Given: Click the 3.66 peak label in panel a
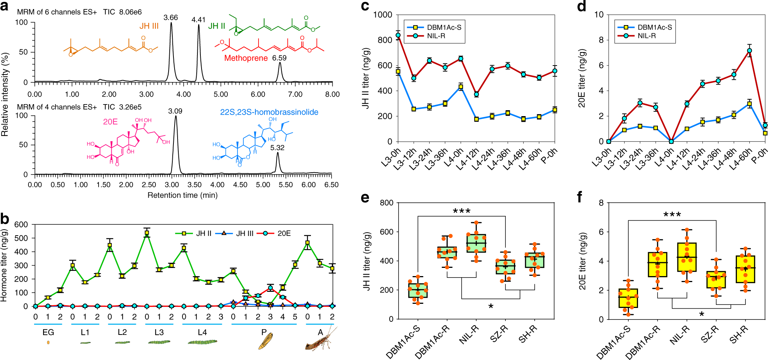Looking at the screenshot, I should (170, 18).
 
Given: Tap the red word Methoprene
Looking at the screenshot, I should (246, 58).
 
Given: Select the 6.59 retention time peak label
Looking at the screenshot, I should (279, 58).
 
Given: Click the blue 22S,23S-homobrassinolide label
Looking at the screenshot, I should (269, 112).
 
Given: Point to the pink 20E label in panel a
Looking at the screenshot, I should (110, 122).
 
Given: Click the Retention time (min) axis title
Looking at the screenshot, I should (182, 195).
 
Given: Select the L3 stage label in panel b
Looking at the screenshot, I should (159, 332).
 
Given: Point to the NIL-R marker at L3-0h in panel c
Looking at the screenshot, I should (398, 35).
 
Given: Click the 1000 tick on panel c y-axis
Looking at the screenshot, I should (383, 15).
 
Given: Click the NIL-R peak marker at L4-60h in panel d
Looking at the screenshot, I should (750, 51).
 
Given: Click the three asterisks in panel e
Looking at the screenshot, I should (462, 211).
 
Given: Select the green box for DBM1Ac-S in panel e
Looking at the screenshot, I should (418, 290).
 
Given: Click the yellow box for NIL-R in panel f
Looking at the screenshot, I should (687, 257).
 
